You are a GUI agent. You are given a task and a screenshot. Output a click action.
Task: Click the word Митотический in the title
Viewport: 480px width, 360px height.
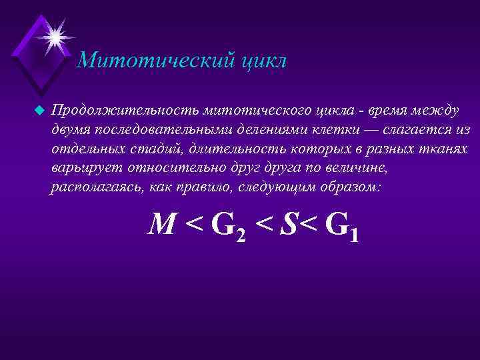154,61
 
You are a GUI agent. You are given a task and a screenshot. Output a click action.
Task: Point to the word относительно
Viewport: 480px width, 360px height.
174,167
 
